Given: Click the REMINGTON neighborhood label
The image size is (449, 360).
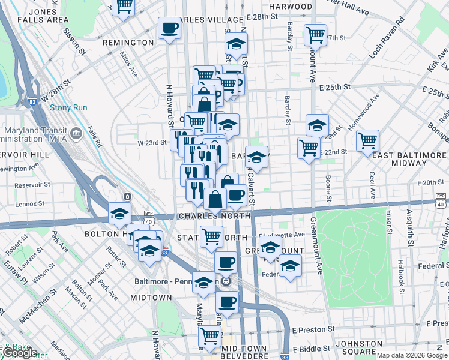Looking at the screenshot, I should (x=128, y=43).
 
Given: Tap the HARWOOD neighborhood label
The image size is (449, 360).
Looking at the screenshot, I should (x=291, y=7).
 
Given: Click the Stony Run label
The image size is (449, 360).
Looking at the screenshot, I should (x=68, y=108).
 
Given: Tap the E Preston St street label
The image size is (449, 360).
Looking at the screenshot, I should (x=313, y=329).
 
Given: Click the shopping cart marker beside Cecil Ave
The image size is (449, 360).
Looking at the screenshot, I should (x=367, y=141).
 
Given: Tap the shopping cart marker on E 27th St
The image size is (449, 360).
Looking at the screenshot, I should (x=315, y=35).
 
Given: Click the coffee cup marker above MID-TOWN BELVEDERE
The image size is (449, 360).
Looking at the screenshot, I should (x=227, y=302).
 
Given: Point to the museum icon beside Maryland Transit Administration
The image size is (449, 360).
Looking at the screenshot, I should (x=77, y=133).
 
